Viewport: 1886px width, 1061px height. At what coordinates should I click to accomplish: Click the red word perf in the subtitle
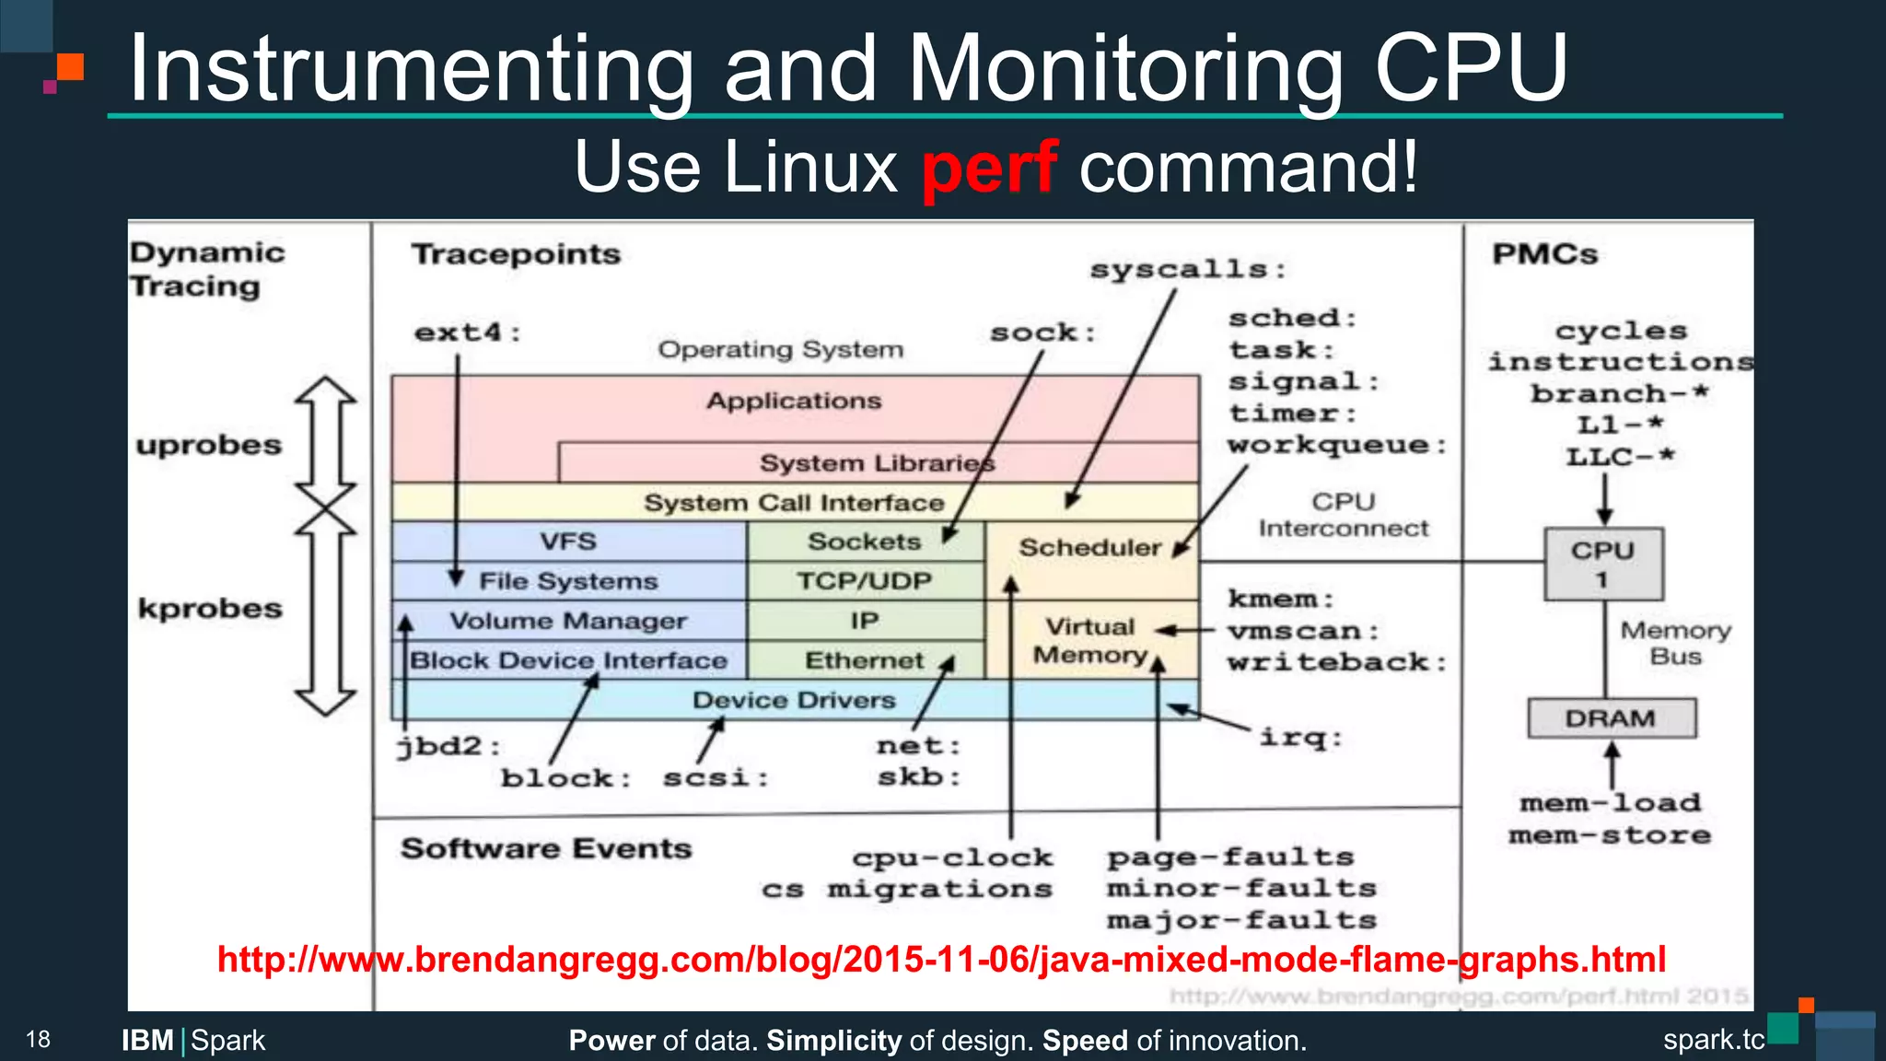tap(990, 168)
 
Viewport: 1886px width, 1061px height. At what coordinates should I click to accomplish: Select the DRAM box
tap(1611, 718)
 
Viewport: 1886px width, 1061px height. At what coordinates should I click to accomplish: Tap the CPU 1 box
tap(1603, 564)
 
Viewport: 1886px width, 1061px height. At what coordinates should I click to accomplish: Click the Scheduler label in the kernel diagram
tap(1089, 547)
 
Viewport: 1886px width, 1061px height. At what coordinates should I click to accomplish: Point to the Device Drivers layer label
tap(793, 701)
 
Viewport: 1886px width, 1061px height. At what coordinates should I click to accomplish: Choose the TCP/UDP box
tap(864, 581)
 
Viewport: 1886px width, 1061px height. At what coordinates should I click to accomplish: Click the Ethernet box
tap(864, 660)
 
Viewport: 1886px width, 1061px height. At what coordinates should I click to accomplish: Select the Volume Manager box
tap(568, 621)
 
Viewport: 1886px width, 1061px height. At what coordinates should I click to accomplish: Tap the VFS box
tap(568, 542)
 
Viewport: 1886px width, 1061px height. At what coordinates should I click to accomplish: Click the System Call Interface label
tap(794, 503)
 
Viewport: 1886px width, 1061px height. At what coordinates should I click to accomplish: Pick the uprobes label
tap(209, 445)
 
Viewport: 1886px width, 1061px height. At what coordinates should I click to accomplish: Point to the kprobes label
tap(210, 609)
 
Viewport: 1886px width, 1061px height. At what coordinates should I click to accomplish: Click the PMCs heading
tap(1544, 254)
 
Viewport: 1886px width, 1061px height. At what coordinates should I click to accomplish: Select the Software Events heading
tap(546, 848)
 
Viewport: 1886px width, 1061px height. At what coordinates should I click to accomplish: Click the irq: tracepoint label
tap(1300, 737)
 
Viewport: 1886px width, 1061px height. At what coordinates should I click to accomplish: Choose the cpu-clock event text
tap(952, 857)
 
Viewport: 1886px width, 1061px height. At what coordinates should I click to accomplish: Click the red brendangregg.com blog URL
tap(941, 960)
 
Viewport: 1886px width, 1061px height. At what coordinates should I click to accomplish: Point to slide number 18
tap(38, 1040)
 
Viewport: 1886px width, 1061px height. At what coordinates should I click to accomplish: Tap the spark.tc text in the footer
tap(1713, 1040)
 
